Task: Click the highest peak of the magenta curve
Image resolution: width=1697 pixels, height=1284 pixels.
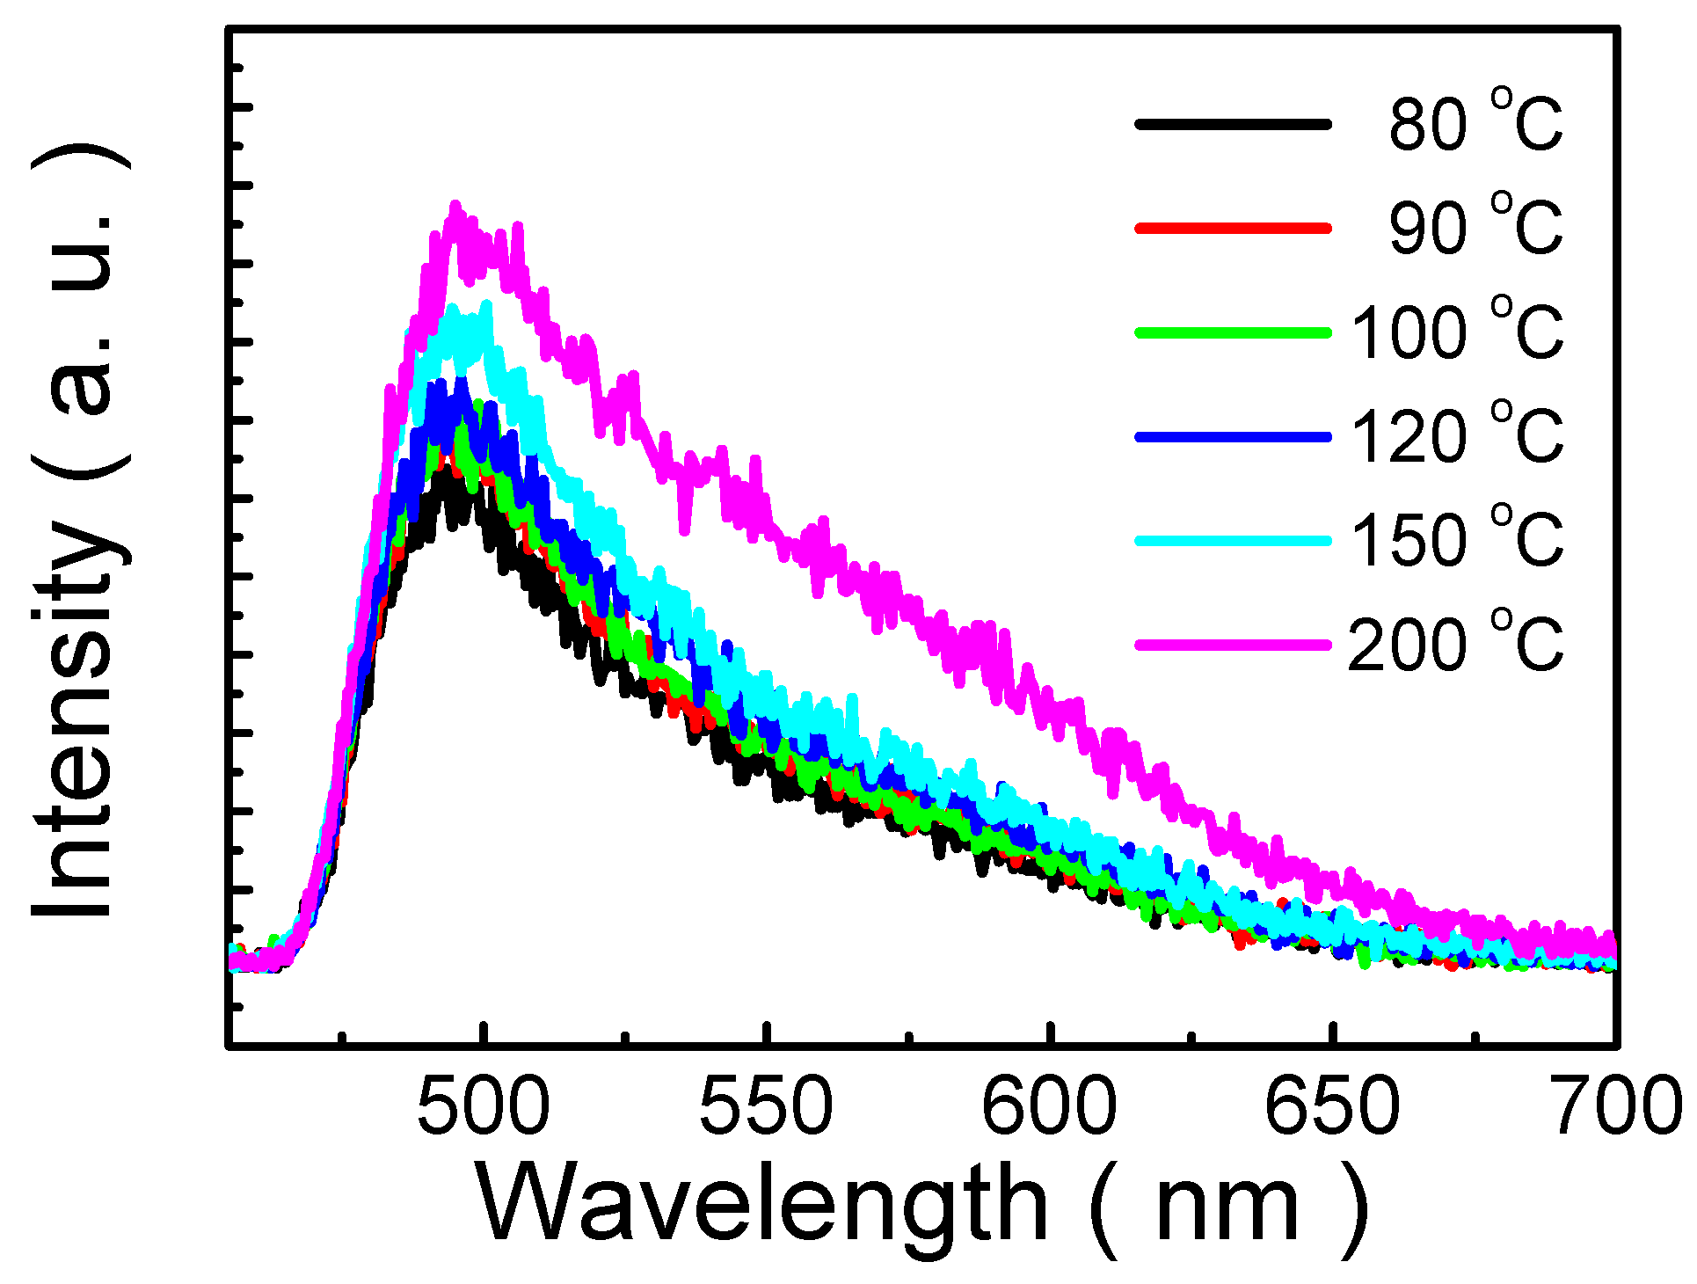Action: click(x=455, y=206)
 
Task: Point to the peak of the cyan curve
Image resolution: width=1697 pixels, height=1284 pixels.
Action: click(x=454, y=307)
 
